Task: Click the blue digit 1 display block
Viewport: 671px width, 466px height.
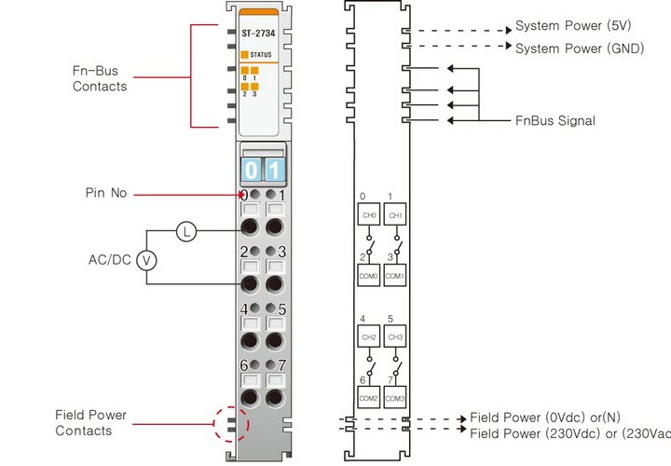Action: [x=273, y=170]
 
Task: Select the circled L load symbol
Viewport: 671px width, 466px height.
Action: [x=186, y=232]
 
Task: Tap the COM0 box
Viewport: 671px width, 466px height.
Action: [x=369, y=277]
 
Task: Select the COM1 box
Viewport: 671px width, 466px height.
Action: [x=395, y=277]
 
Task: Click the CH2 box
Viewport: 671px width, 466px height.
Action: [x=369, y=336]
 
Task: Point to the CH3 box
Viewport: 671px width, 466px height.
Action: [x=395, y=336]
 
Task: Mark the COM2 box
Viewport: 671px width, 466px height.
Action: [x=369, y=398]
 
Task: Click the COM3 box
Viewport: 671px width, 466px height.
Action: [x=395, y=398]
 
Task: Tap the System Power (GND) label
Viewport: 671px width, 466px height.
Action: [x=579, y=48]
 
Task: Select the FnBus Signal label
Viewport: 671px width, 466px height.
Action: [x=555, y=121]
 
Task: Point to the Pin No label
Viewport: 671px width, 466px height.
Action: [x=105, y=194]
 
